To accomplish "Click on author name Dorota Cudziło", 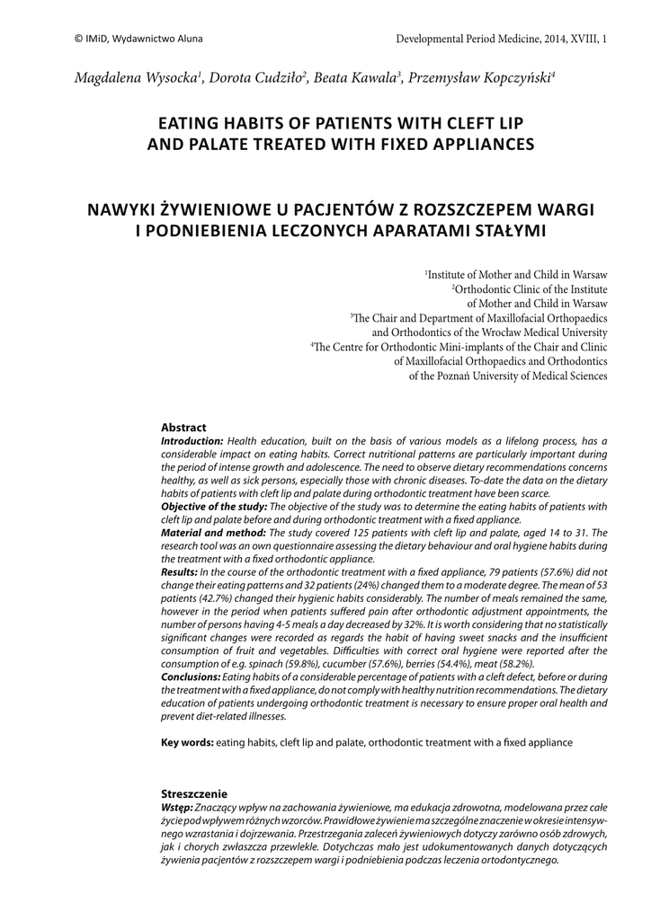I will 259,79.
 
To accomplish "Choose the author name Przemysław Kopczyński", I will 481,79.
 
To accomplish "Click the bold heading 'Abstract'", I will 183,428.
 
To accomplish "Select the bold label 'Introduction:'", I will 192,441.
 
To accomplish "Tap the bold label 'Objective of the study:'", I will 215,507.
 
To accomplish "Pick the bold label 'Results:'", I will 179,571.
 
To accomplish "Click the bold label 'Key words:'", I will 187,743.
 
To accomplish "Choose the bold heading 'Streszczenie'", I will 193,794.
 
